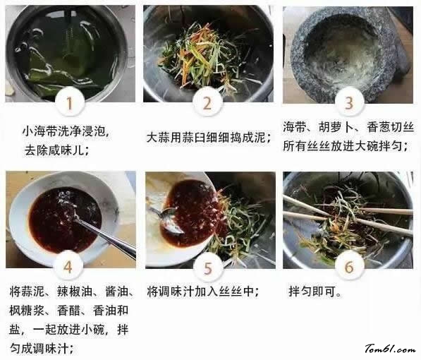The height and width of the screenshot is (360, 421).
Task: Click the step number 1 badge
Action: (x=70, y=102)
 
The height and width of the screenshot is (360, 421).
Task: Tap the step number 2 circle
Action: (x=207, y=102)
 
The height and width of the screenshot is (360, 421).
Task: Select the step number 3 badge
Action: (x=349, y=102)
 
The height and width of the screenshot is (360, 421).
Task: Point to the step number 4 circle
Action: (x=68, y=267)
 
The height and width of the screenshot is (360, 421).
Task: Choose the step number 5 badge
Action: (x=209, y=268)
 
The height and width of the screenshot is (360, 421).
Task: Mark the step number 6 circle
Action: (x=349, y=267)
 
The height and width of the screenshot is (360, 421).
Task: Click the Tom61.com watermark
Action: (x=390, y=349)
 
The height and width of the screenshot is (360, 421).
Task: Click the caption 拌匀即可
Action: (x=312, y=291)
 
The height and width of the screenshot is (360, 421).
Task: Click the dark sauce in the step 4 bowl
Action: (x=64, y=219)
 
